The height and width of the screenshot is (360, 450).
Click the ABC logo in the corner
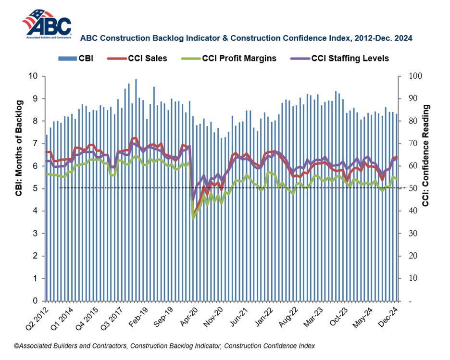pos(47,24)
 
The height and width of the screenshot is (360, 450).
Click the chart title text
pos(246,37)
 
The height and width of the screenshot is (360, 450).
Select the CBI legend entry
pos(77,59)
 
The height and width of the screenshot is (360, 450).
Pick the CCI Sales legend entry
pos(143,59)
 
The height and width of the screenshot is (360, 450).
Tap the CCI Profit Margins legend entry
pos(230,59)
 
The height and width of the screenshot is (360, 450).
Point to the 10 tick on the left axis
pos(34,76)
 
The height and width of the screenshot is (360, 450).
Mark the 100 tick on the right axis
pos(414,76)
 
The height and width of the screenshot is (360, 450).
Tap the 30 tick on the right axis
pos(412,234)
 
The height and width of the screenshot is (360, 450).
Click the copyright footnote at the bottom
pos(164,346)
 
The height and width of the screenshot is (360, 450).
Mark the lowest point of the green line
pos(193,219)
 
